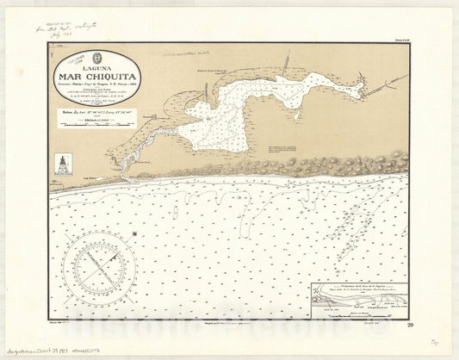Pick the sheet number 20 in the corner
(x=410, y=324)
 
